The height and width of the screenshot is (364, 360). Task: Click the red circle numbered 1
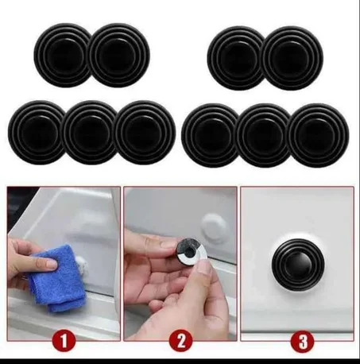[x=64, y=342]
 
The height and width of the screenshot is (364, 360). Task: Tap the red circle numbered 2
[x=181, y=342]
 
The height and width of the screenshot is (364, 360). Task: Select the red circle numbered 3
[x=303, y=342]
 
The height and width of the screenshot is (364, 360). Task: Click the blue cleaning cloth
[x=57, y=277]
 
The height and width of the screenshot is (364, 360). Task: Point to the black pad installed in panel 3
[x=298, y=265]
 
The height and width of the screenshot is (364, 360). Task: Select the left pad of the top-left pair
[x=63, y=55]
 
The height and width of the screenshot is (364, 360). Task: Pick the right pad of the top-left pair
[x=119, y=55]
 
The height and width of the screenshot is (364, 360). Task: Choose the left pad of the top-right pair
[x=236, y=58]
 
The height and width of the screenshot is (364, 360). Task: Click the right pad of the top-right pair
[x=292, y=58]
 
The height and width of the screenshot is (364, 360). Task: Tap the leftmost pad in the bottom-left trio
[x=37, y=133]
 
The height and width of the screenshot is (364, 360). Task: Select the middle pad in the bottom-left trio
[x=91, y=133]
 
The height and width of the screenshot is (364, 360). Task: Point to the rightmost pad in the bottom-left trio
[x=145, y=133]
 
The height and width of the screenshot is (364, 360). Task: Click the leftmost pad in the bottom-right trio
[x=211, y=135]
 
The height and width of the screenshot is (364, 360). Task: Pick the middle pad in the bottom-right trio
[x=264, y=135]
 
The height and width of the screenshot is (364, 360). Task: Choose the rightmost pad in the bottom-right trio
[x=319, y=135]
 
